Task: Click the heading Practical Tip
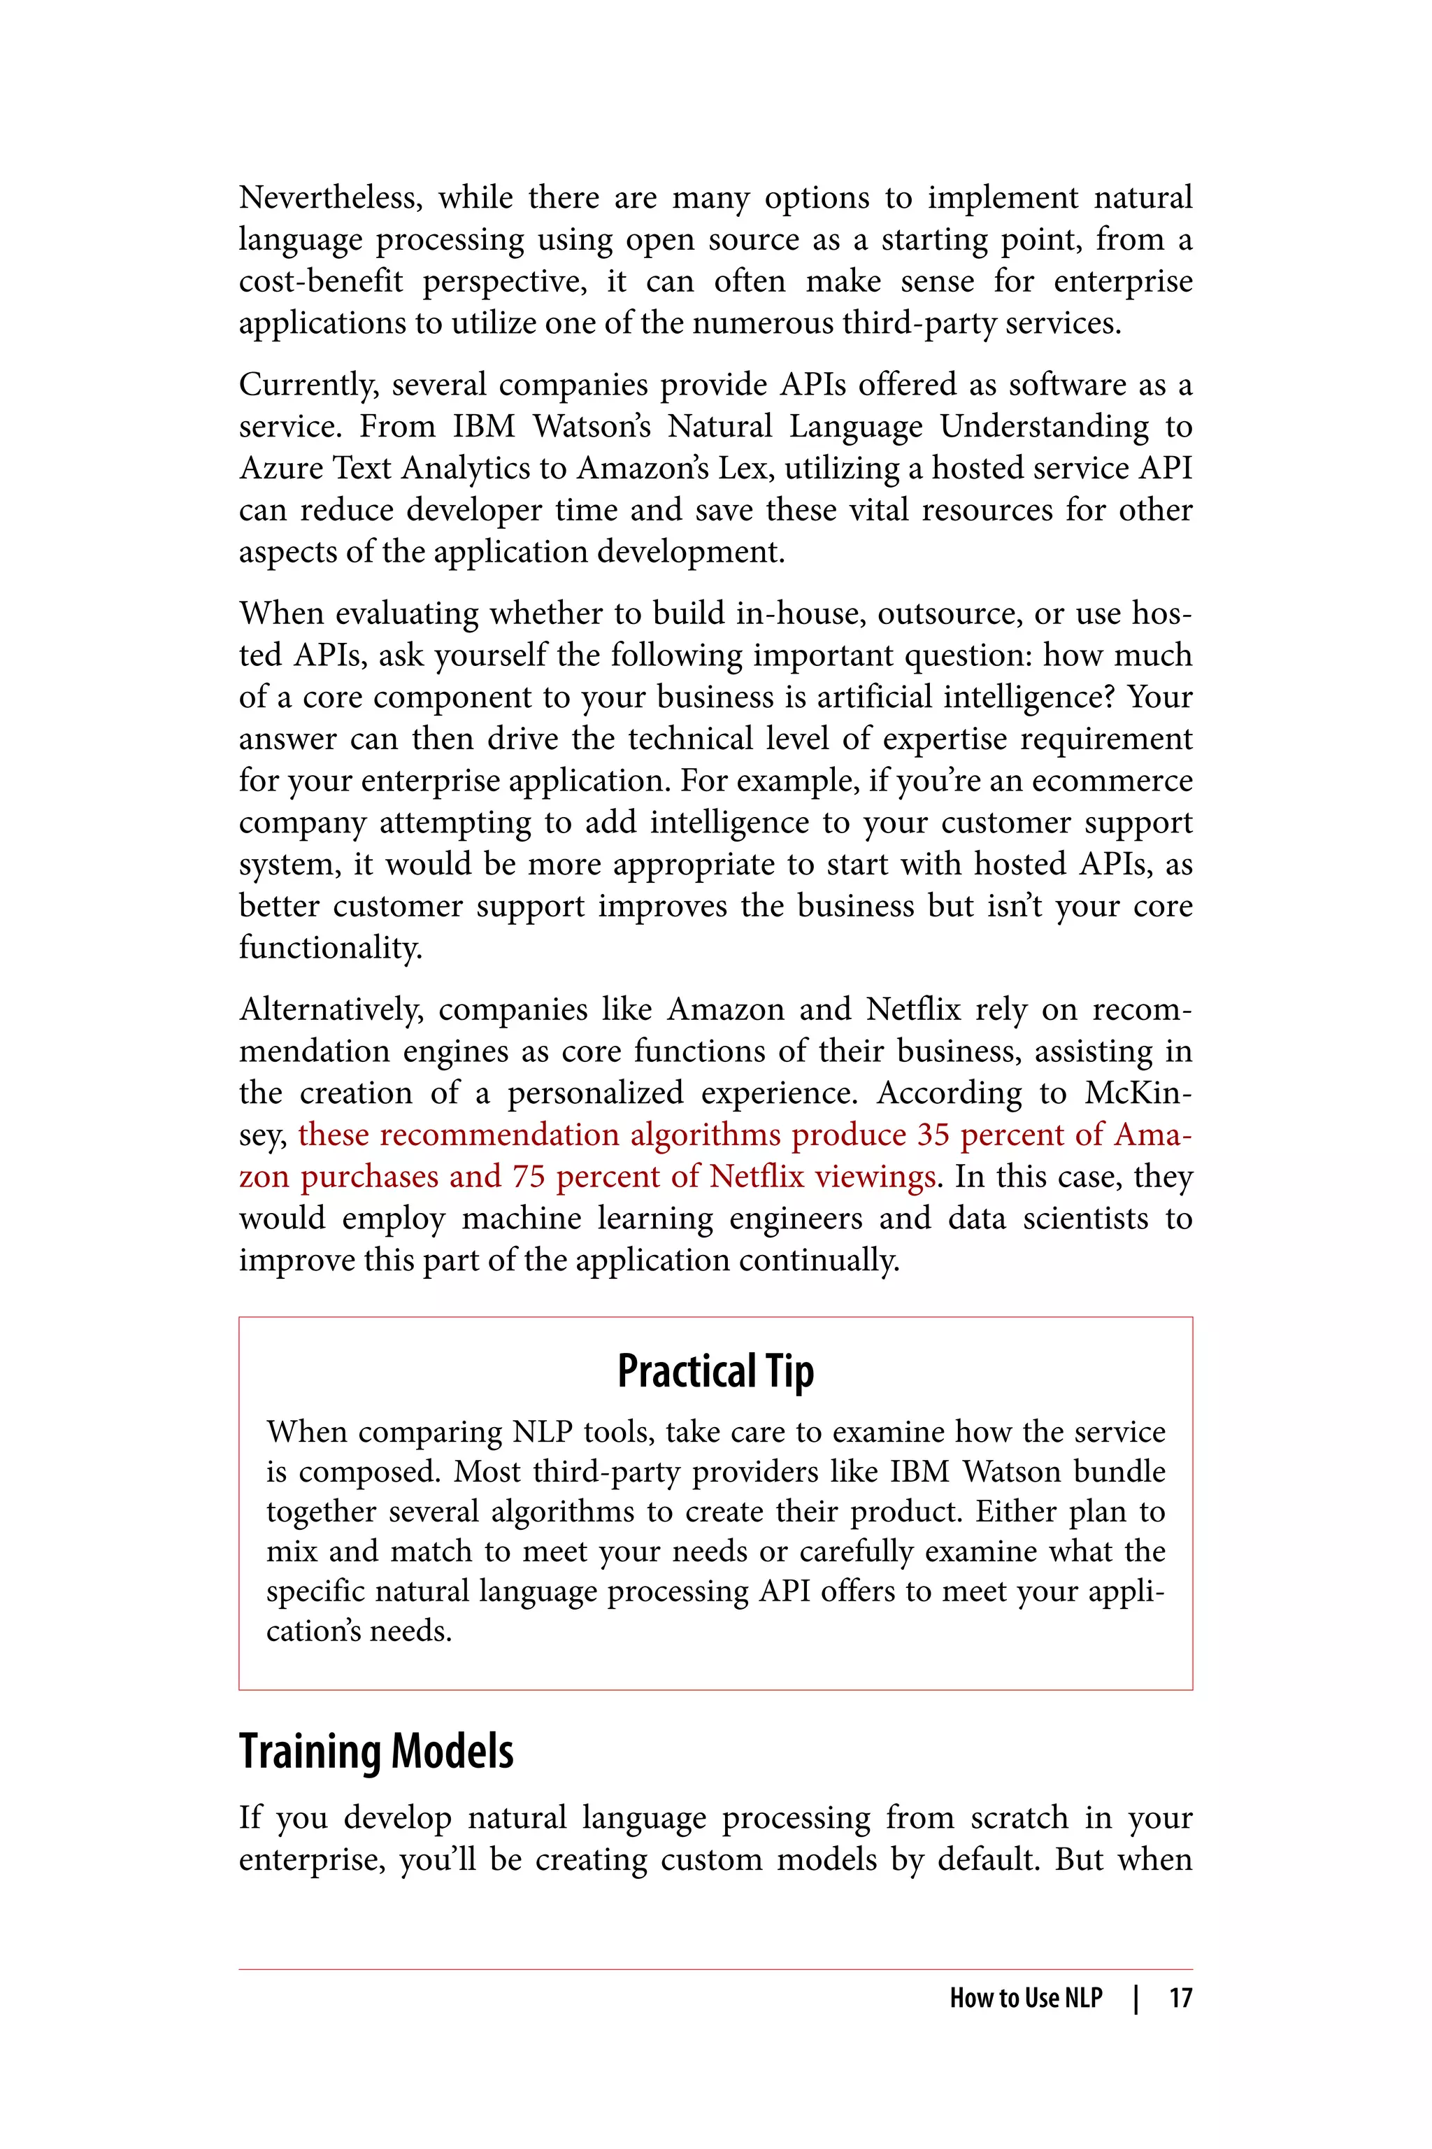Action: coord(715,1371)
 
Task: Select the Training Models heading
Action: coord(376,1752)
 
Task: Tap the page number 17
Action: coord(1180,1998)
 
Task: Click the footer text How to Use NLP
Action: coord(1026,1998)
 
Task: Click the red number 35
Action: coord(933,1135)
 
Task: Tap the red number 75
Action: coord(528,1177)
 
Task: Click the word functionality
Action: coord(330,947)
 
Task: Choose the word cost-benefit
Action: coord(320,281)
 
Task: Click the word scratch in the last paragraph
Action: coord(1018,1817)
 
